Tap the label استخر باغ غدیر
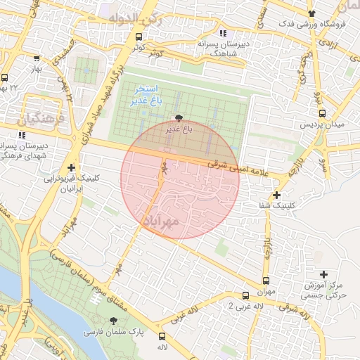[x=146, y=96]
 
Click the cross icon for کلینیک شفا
[x=277, y=195]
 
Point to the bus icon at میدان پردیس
[x=322, y=112]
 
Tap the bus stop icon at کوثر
[x=139, y=37]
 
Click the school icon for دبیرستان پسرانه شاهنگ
[x=223, y=33]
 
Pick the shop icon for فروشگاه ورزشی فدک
[x=312, y=13]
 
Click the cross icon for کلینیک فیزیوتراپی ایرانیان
[x=71, y=168]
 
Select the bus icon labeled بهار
[x=37, y=59]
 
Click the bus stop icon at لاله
[x=162, y=336]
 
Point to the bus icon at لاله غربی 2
[x=245, y=296]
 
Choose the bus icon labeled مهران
[x=266, y=279]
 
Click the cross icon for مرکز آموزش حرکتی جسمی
[x=323, y=274]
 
